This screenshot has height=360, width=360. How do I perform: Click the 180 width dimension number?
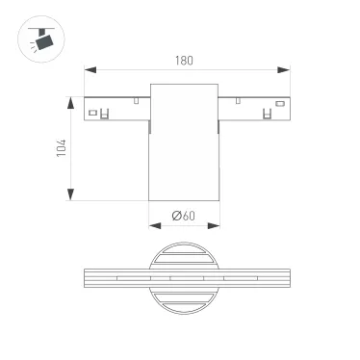tap(185, 61)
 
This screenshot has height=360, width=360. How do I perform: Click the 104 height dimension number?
tap(63, 148)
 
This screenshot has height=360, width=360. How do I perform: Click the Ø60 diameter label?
tap(183, 217)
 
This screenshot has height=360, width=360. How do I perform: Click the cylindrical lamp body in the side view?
tap(183, 144)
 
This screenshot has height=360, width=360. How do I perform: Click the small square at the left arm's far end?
tap(93, 114)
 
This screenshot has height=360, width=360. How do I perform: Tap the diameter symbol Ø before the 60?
tap(176, 217)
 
